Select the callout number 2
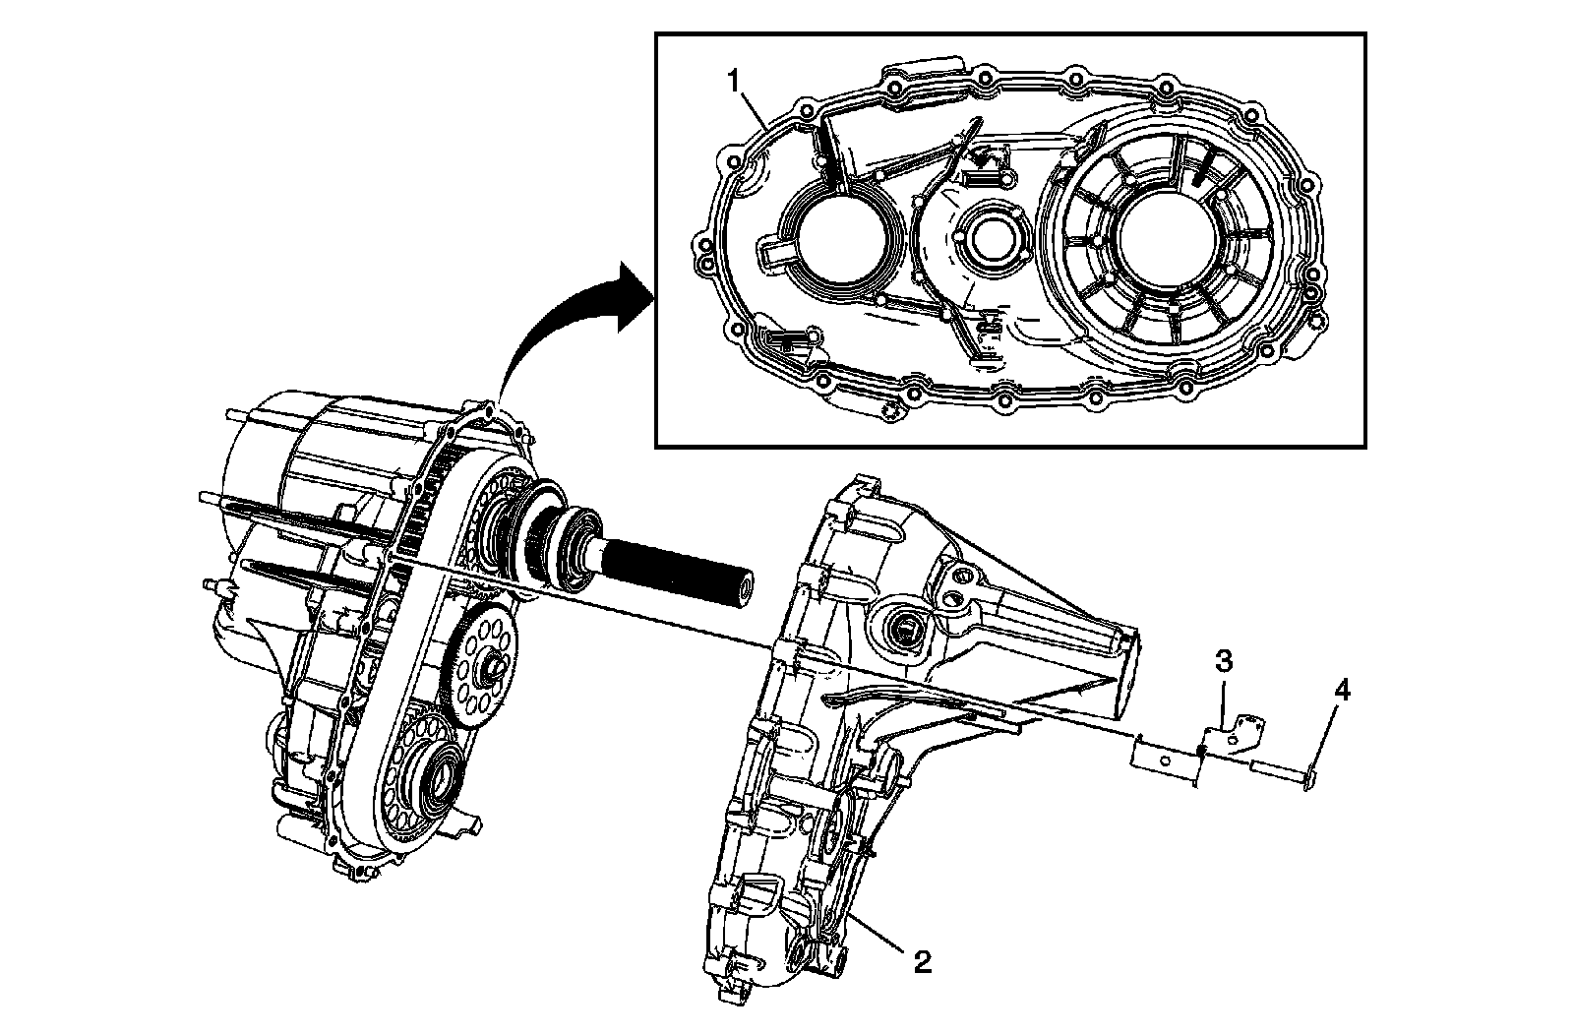point(922,961)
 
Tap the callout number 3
point(1223,662)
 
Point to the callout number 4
point(1342,692)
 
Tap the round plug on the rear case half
point(904,630)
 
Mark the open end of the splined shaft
point(740,589)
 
